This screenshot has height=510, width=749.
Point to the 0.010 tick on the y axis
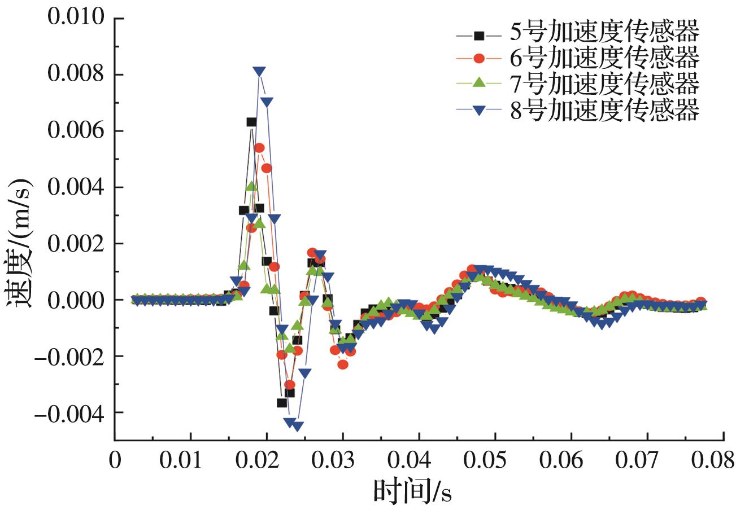click(77, 18)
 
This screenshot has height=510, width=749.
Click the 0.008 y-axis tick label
click(77, 74)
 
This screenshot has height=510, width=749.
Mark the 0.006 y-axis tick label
click(77, 131)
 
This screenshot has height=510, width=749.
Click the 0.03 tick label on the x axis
click(343, 460)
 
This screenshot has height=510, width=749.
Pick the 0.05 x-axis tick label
click(495, 460)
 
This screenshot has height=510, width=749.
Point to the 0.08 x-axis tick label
click(712, 460)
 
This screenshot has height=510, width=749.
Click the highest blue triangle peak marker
click(259, 72)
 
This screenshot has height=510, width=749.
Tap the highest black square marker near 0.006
click(251, 122)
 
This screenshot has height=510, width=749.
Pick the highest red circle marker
click(259, 148)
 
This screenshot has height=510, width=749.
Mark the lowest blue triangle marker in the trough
click(298, 426)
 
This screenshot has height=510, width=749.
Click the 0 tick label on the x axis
click(115, 460)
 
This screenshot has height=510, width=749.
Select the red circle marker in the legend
click(479, 58)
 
